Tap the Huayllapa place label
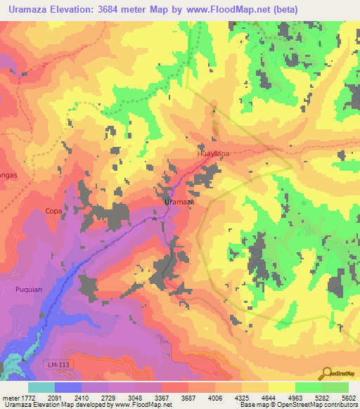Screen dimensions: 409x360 point(213,152)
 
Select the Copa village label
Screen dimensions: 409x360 point(53,210)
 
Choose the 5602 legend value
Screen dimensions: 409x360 point(349,397)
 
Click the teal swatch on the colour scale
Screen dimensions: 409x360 point(41,387)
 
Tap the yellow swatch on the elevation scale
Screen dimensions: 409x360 point(281,387)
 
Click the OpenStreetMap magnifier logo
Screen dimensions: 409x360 point(327,372)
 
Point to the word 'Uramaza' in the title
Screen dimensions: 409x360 point(29,10)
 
